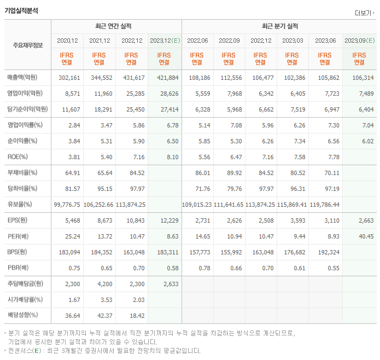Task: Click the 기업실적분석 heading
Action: tap(21, 10)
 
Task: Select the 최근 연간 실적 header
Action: tap(116, 26)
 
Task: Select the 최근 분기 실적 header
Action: tap(279, 26)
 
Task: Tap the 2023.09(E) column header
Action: tap(359, 40)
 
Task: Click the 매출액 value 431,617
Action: tap(132, 78)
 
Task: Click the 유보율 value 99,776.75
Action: tap(67, 205)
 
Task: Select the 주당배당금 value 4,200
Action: tap(101, 284)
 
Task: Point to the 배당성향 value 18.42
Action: tap(135, 315)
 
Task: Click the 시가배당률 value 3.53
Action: tap(103, 300)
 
